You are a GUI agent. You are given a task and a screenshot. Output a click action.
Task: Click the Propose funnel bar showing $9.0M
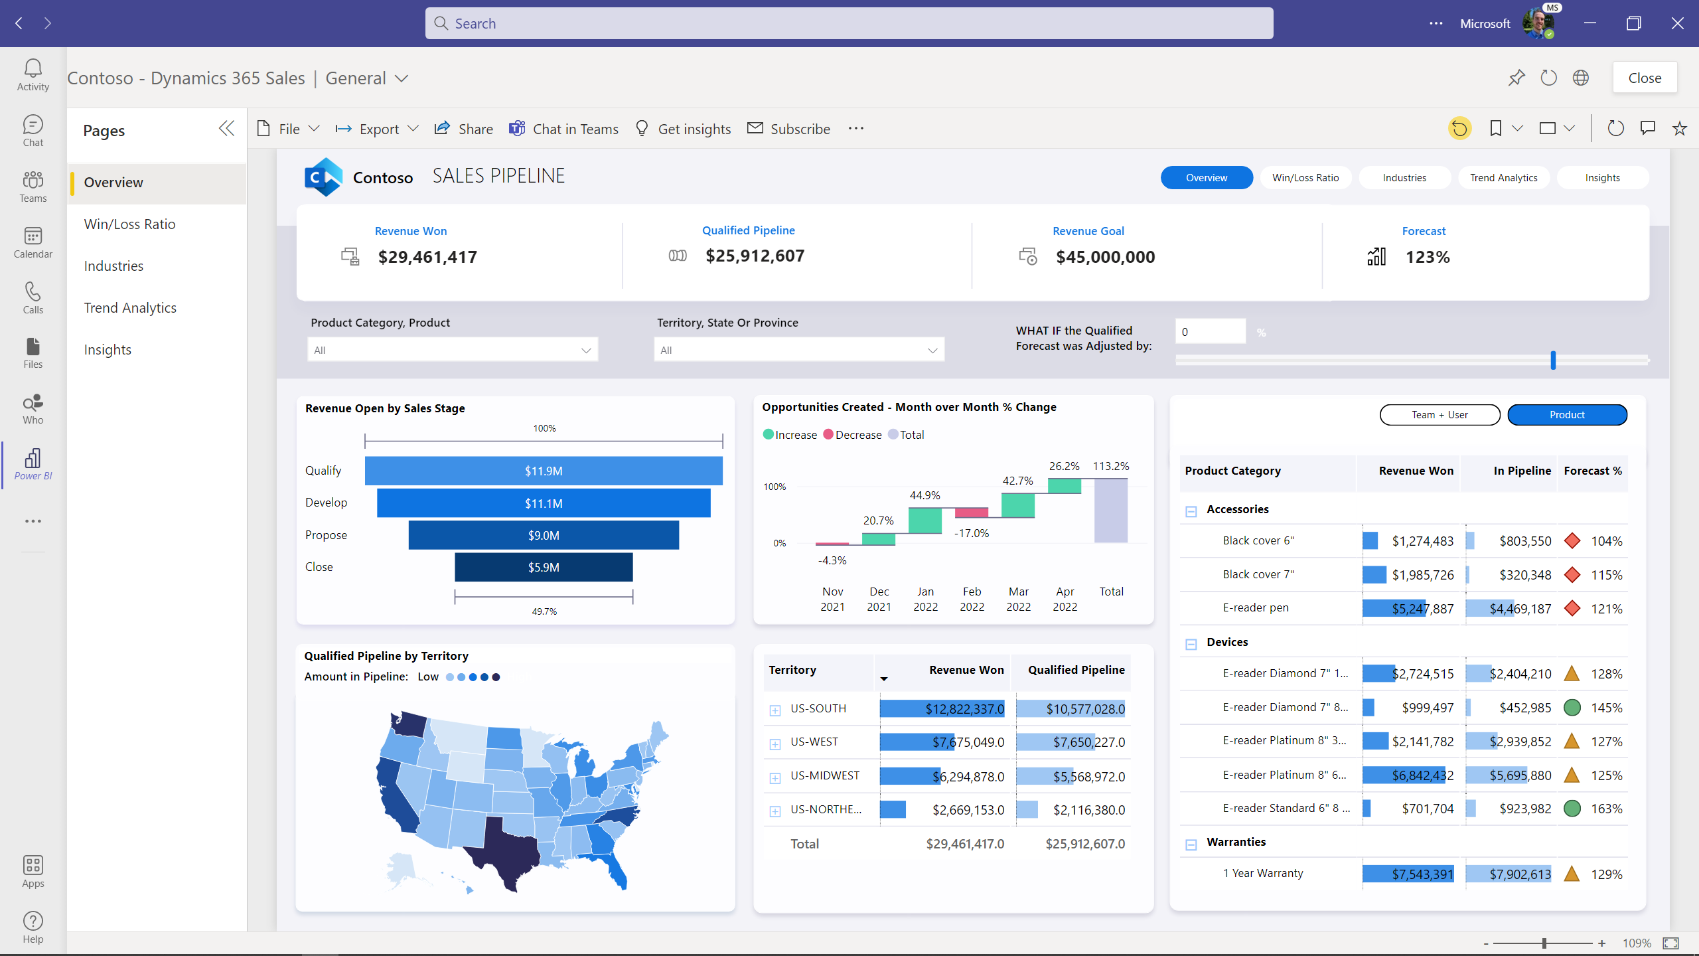click(x=544, y=535)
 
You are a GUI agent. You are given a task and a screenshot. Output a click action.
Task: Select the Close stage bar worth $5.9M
click(x=544, y=567)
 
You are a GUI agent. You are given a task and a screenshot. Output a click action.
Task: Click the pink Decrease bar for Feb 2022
click(x=971, y=512)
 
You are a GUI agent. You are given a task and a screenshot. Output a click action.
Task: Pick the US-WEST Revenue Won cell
click(x=942, y=742)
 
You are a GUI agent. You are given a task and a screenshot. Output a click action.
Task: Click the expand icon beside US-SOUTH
click(x=775, y=710)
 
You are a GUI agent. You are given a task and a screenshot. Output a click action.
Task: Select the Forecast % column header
click(x=1592, y=471)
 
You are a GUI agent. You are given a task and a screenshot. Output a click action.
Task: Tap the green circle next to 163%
click(x=1572, y=809)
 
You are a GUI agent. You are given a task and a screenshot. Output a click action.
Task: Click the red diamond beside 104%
click(x=1572, y=541)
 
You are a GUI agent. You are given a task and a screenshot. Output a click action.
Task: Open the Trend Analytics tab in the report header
click(x=1503, y=178)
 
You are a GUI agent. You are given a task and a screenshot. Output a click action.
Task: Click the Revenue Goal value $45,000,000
click(x=1105, y=257)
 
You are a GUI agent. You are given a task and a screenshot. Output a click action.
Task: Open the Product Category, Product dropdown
click(x=452, y=350)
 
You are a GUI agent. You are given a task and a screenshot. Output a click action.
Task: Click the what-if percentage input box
click(x=1210, y=332)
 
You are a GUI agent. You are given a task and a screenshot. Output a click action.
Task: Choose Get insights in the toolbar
click(x=683, y=129)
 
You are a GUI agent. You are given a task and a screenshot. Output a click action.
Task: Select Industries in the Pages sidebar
click(x=113, y=266)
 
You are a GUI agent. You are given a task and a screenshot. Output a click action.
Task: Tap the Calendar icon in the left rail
click(x=33, y=242)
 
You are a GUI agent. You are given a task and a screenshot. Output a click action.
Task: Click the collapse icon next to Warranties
click(x=1191, y=844)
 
